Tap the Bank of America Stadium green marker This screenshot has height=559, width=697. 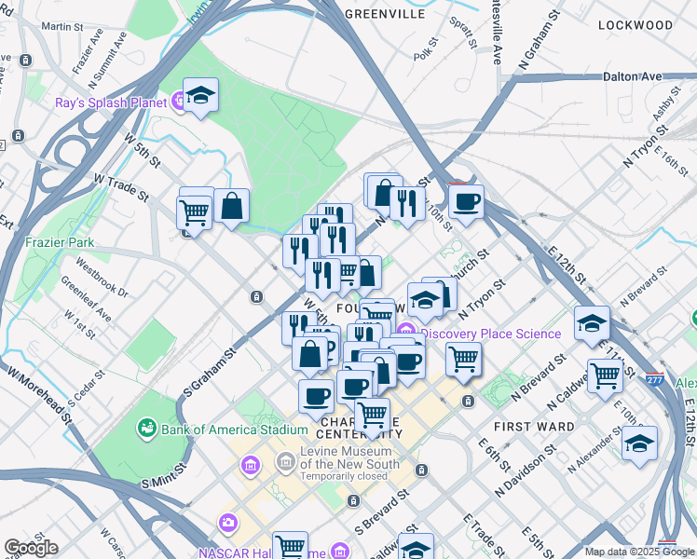pos(147,429)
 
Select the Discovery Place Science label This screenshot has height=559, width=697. pos(491,334)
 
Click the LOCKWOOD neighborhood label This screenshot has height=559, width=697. pos(635,24)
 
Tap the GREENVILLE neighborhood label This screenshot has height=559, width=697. pos(385,14)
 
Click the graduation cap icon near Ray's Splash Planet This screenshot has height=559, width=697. pos(200,95)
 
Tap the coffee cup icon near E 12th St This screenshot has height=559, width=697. pos(466,199)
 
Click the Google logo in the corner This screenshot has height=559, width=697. pos(30,548)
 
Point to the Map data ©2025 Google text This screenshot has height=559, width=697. pos(639,552)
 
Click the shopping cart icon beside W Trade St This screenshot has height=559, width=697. pos(194,212)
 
